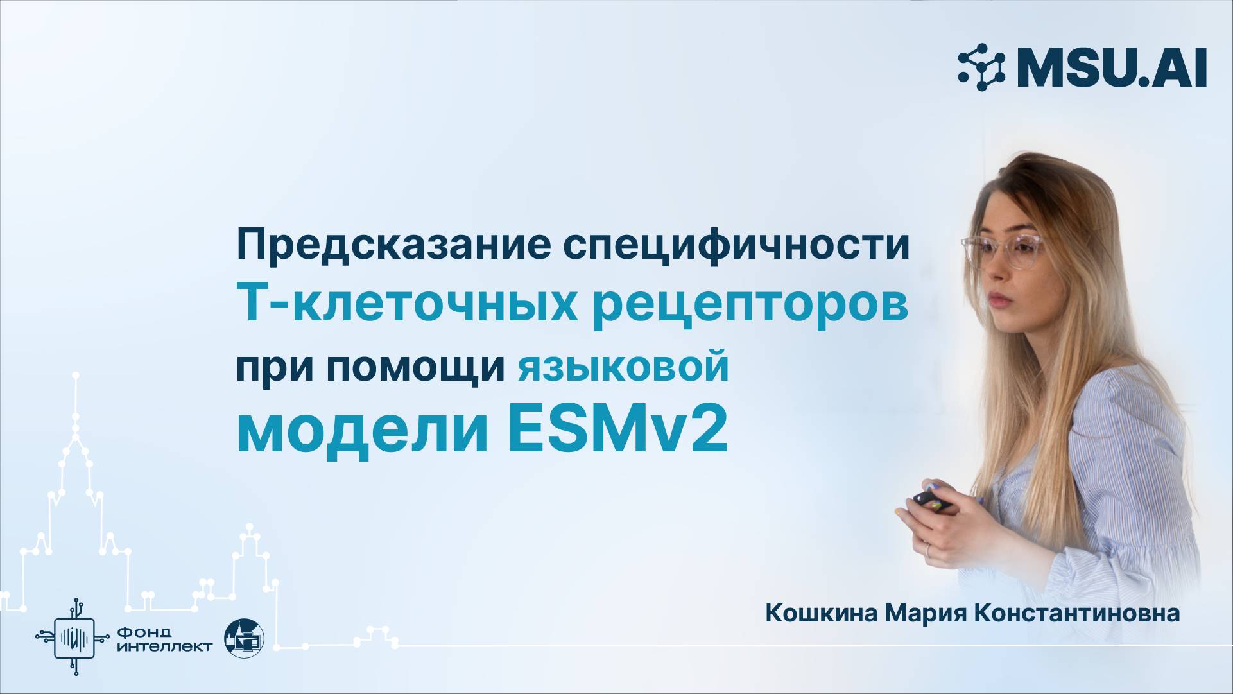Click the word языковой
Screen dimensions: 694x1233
(623, 367)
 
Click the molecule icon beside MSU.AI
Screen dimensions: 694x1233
(981, 67)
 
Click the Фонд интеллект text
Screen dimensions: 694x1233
(164, 639)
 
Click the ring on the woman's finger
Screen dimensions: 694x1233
(927, 550)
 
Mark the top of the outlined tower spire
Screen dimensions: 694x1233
(76, 374)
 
